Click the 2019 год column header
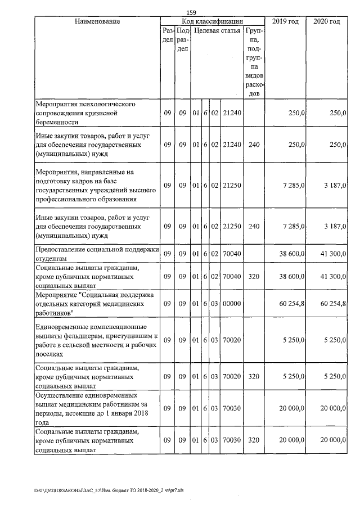coord(285,21)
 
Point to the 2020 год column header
coord(326,21)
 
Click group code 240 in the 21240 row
coord(254,145)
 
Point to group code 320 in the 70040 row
coord(254,277)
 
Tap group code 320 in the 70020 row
coord(254,377)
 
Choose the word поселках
coord(51,354)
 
